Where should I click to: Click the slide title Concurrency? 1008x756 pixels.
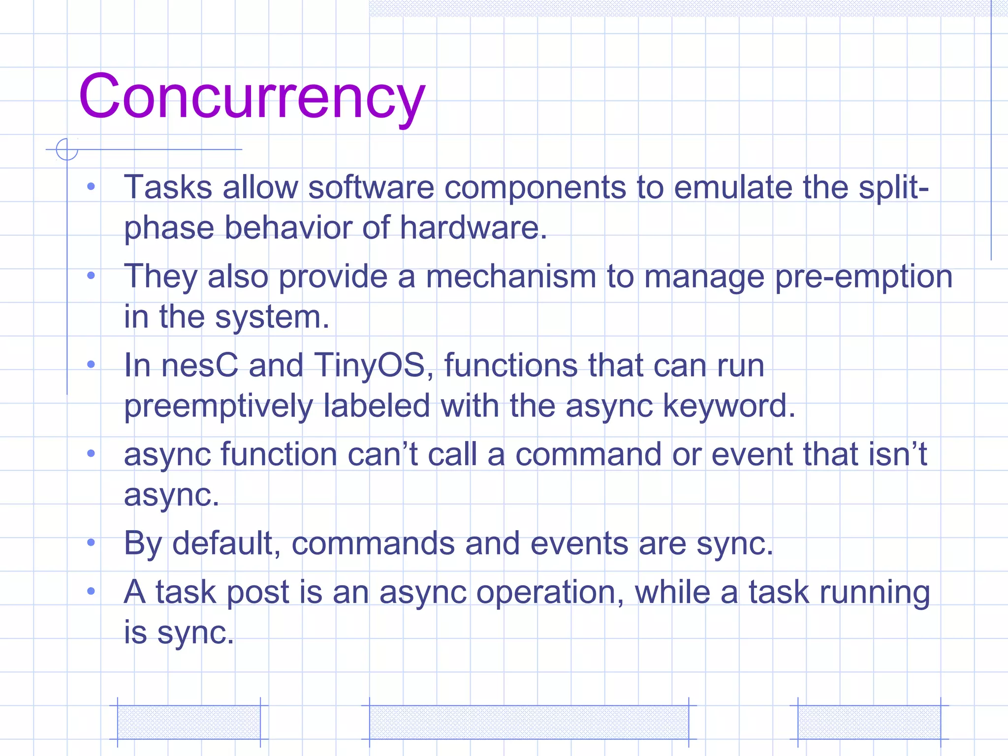252,96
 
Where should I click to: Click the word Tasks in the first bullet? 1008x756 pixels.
168,188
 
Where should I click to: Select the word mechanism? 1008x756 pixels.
511,276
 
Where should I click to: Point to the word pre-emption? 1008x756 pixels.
864,277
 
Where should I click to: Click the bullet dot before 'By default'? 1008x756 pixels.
91,542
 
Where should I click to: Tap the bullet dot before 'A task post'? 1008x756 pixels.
91,591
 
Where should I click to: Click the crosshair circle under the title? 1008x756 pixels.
67,149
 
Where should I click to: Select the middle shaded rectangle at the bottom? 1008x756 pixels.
529,722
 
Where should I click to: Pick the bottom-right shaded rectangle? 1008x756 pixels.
869,722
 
